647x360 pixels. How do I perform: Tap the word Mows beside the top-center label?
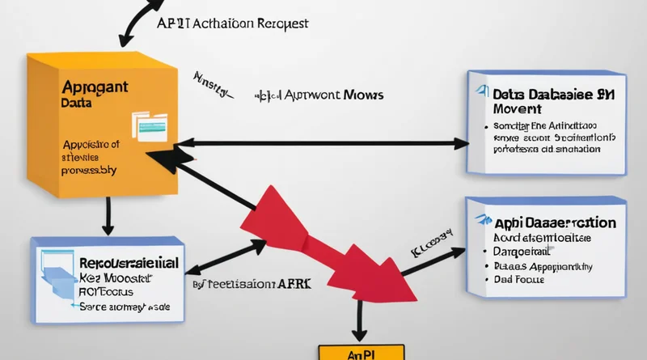point(362,96)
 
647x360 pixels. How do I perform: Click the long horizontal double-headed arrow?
point(323,144)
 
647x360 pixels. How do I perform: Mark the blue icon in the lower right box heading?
point(483,221)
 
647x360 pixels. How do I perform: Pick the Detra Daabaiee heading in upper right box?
point(542,95)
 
